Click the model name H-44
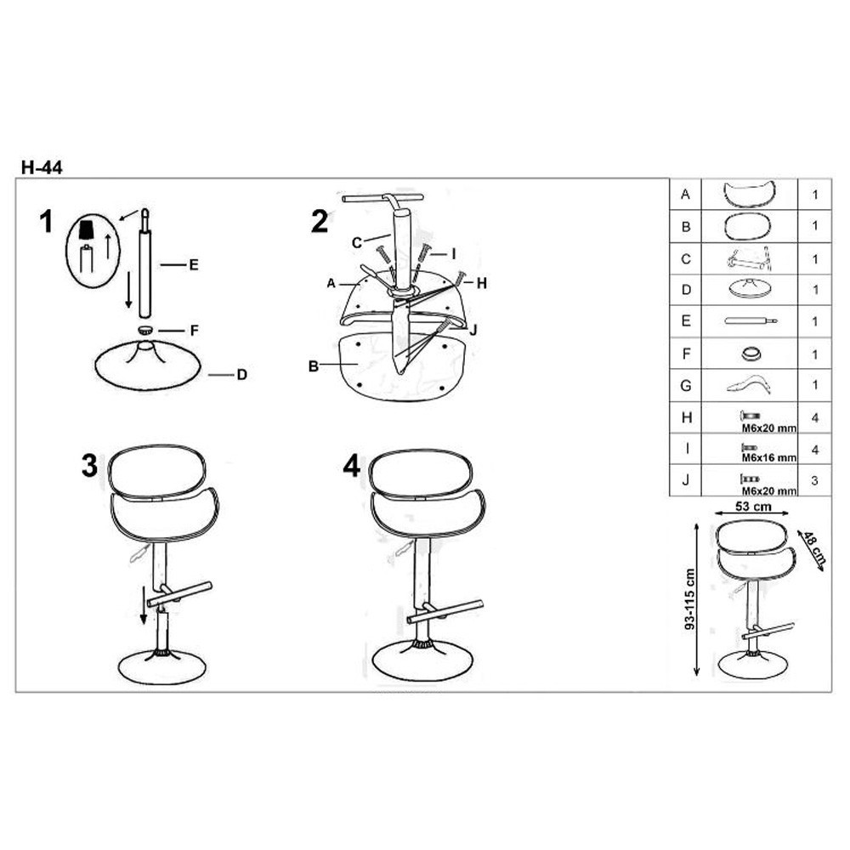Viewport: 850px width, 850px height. click(x=42, y=167)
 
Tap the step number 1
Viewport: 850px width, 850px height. click(x=47, y=222)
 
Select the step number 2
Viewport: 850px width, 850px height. click(x=320, y=222)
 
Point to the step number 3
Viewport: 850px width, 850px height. click(x=89, y=465)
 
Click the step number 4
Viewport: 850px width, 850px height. click(x=352, y=465)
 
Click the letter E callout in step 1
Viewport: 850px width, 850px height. click(x=194, y=265)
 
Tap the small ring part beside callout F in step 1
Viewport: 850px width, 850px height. click(x=145, y=329)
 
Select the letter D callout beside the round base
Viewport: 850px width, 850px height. click(x=241, y=375)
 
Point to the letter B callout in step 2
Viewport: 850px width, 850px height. click(x=314, y=366)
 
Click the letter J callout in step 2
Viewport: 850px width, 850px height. click(x=473, y=330)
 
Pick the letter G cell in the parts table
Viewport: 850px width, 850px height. click(x=686, y=385)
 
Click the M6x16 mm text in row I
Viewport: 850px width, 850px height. click(x=769, y=458)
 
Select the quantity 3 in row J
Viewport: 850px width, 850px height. click(x=814, y=480)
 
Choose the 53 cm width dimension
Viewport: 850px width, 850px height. click(x=753, y=507)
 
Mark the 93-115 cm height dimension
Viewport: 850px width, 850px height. click(x=689, y=598)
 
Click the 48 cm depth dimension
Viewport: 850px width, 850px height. click(x=813, y=547)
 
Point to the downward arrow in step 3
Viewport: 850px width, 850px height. click(x=144, y=604)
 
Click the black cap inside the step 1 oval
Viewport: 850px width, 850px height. click(x=86, y=229)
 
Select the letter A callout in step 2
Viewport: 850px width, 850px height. click(x=331, y=283)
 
